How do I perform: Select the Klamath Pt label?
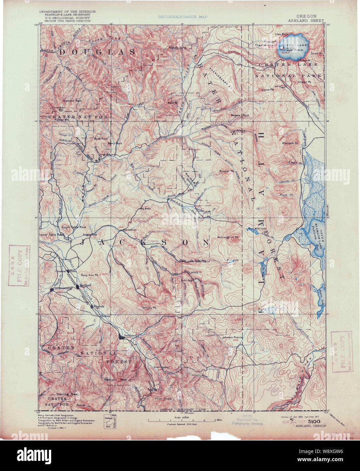pos(289,143)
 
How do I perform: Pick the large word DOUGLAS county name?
pos(97,52)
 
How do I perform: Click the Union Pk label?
pos(267,90)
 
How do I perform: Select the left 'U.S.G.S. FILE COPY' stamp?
pos(20,265)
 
